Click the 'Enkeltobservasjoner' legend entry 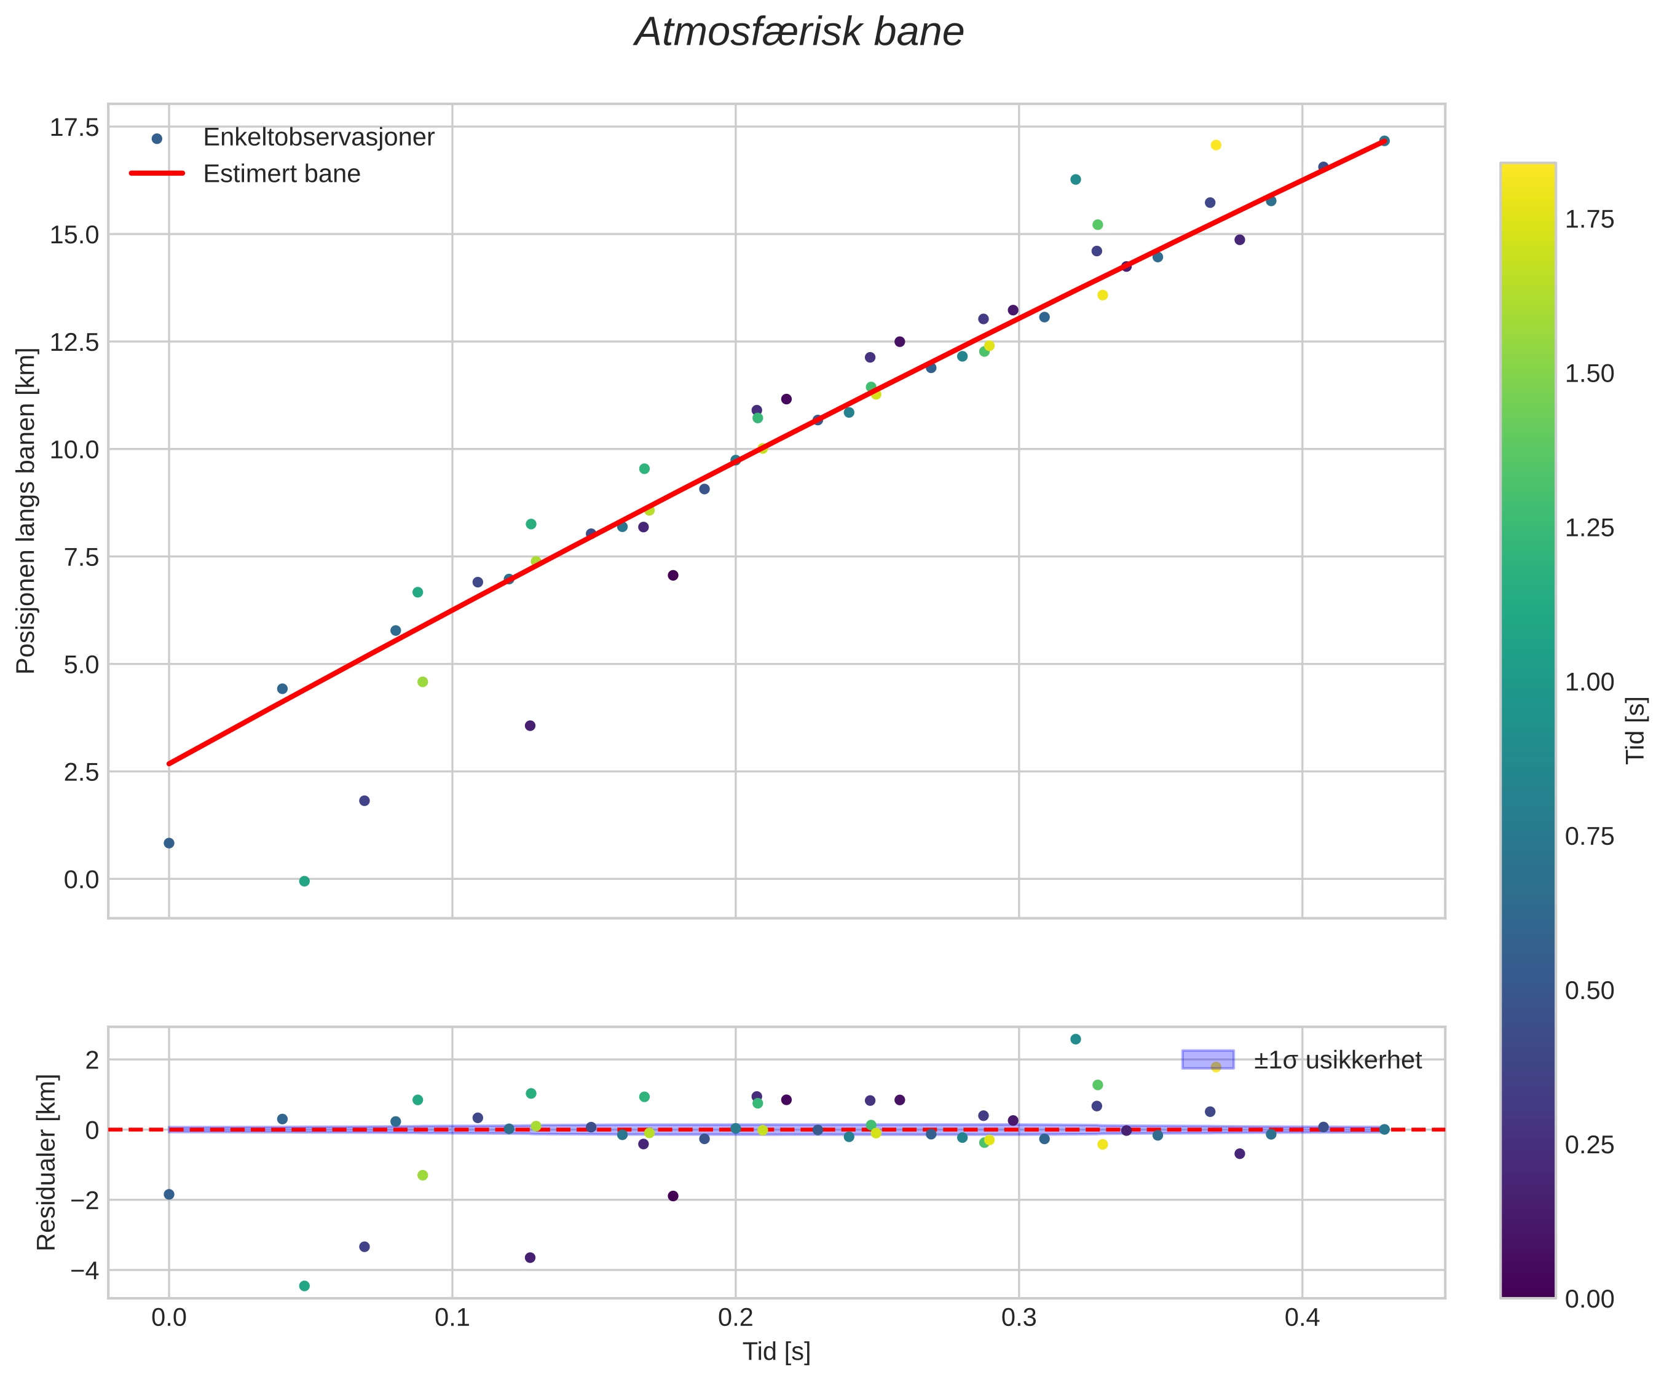tap(318, 137)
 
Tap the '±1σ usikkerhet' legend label tap(1338, 1060)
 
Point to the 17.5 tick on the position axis tap(74, 127)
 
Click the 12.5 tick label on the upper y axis tap(74, 342)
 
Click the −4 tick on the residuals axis tap(85, 1271)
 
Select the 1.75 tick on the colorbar tap(1590, 219)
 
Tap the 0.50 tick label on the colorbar tap(1590, 990)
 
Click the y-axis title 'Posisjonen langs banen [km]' tap(26, 511)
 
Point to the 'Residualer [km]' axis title tap(47, 1163)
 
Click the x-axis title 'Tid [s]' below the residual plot tap(776, 1352)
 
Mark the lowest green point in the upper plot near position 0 tap(304, 881)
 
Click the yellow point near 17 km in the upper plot tap(1215, 145)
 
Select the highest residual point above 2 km tap(1075, 1038)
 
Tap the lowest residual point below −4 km tap(304, 1286)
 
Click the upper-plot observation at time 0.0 tap(169, 843)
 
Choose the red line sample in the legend tap(157, 173)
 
